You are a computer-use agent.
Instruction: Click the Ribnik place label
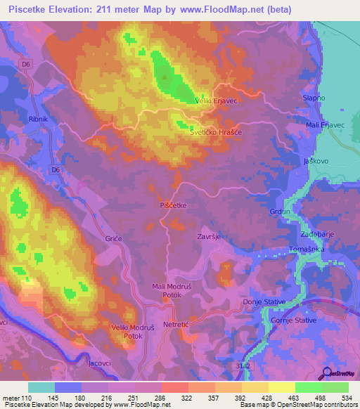click(37, 119)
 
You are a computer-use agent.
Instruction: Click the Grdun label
click(300, 210)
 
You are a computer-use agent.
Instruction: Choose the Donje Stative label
click(264, 301)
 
